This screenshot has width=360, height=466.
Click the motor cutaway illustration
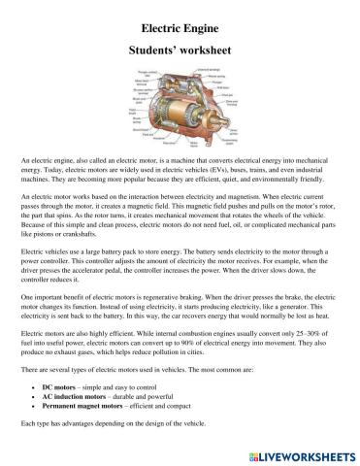[x=180, y=108]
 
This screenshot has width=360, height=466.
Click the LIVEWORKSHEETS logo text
[x=305, y=454]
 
